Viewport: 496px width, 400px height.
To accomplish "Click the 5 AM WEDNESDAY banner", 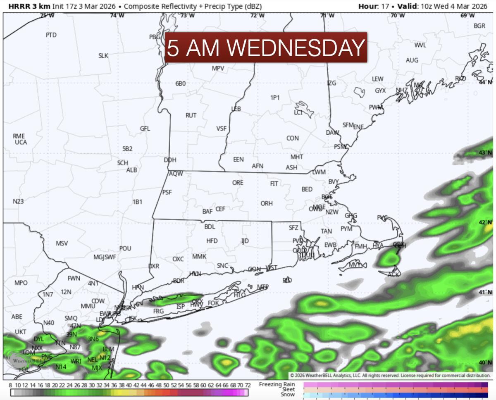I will coord(266,48).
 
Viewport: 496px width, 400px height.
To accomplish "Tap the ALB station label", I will coord(131,170).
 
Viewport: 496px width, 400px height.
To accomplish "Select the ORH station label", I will coord(267,203).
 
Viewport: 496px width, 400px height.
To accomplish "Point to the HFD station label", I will coord(212,241).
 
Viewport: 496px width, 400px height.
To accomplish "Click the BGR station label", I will coord(479,26).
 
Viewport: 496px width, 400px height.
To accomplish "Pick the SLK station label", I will coord(103,55).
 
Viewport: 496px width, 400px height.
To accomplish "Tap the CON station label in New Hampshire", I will coord(293,138).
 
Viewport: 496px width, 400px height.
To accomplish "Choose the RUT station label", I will coord(191,115).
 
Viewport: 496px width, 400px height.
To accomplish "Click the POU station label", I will coord(125,248).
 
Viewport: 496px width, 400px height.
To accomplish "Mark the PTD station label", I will coord(51,35).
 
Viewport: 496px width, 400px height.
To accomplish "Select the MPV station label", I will coord(218,68).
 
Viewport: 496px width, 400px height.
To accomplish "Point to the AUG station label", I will coord(412,60).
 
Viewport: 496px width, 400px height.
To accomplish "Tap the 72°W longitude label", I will coord(258,15).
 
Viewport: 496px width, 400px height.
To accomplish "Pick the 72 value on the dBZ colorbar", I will coord(247,385).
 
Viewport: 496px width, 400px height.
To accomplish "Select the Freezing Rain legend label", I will coord(277,384).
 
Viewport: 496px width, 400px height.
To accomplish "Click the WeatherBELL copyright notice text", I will coord(391,375).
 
